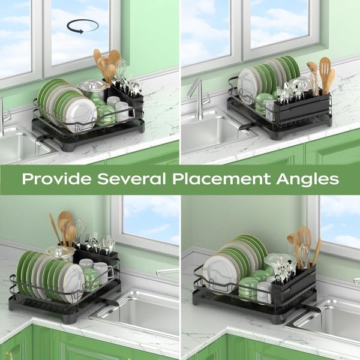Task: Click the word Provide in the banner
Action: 56,179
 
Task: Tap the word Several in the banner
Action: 131,179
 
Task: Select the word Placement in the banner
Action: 221,179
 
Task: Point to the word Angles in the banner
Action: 308,180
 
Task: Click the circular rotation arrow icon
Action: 83,26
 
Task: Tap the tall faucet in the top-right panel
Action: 197,99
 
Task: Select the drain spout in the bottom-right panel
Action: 311,308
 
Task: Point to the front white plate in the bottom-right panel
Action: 218,274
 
